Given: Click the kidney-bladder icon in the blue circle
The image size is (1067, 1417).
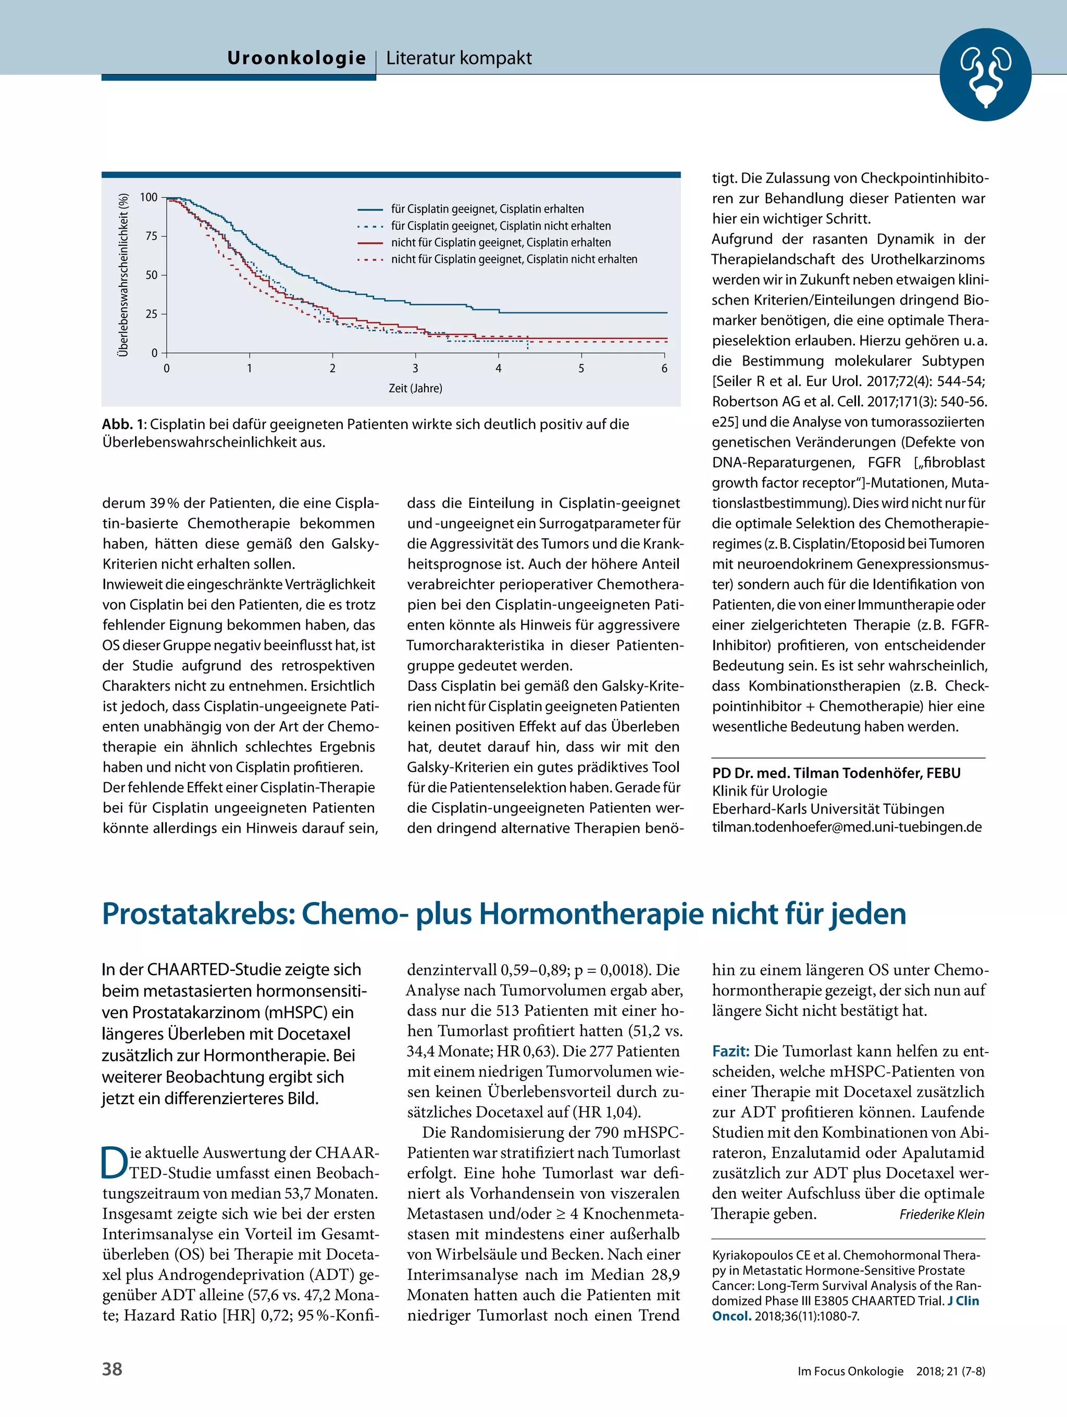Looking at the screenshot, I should (985, 75).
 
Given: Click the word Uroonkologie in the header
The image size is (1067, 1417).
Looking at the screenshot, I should (296, 58).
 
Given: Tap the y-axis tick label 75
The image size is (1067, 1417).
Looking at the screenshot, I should (151, 236).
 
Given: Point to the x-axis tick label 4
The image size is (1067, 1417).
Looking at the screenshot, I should (498, 368).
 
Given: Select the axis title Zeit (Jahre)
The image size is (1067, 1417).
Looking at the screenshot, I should (415, 388).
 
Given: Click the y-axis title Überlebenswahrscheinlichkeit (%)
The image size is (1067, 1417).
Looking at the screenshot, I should (123, 275).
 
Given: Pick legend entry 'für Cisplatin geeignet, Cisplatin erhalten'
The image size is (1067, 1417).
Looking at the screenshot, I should (487, 209).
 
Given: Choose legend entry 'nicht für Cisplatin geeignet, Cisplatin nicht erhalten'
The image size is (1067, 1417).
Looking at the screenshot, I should (514, 259).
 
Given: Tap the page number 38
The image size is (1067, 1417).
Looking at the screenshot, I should (112, 1369).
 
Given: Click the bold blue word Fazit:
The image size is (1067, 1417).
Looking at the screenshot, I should (730, 1051).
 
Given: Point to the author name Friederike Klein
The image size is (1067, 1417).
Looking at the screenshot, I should (941, 1214).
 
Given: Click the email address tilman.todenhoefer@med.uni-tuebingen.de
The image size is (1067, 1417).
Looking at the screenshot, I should (847, 827).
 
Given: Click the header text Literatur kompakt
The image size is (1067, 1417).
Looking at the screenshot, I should (459, 58).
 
